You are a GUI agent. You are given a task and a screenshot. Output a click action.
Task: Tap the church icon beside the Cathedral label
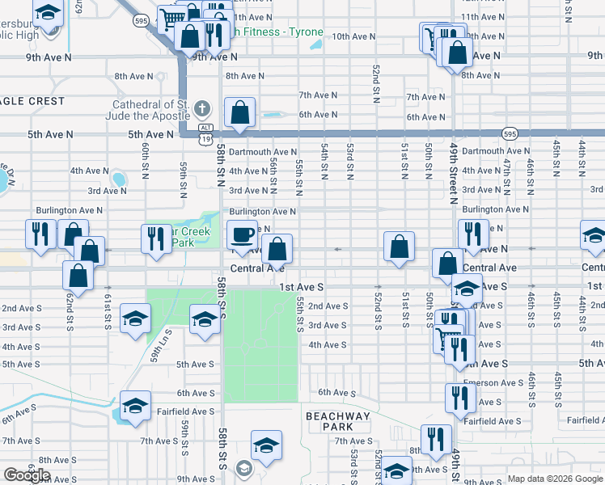click(202, 108)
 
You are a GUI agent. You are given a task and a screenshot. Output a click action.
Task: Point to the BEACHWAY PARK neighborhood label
click(337, 421)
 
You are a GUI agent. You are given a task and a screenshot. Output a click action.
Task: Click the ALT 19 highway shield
click(207, 133)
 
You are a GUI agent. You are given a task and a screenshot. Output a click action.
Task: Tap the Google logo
click(27, 475)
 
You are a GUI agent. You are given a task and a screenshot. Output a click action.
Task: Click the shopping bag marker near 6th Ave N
click(240, 113)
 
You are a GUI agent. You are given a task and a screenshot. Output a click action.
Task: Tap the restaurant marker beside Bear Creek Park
click(153, 238)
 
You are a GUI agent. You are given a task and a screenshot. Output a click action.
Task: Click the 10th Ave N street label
click(352, 36)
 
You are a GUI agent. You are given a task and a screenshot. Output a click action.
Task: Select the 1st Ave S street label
click(301, 287)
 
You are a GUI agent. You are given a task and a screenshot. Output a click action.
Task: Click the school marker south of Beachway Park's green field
click(264, 446)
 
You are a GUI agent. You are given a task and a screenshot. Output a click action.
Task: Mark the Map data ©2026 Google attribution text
click(555, 479)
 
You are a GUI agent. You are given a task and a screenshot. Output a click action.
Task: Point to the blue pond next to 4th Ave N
click(120, 179)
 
